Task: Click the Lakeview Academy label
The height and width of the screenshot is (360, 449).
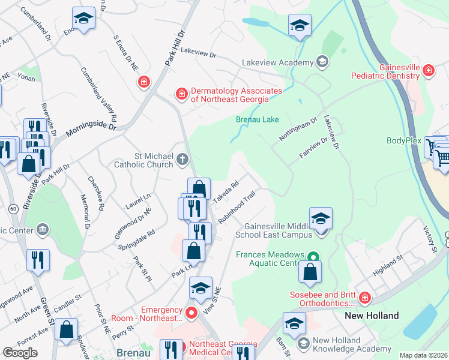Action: coord(277,62)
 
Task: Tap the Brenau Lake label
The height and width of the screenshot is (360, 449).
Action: coord(256,119)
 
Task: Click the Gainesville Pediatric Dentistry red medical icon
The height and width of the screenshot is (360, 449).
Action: coord(428,71)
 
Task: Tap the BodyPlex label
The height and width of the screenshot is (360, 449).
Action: coord(405,141)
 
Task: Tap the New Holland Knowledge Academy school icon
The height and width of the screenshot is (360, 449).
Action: coord(303,343)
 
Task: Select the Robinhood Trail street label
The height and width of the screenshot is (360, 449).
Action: coord(237,207)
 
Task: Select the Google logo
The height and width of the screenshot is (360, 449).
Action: coord(20,353)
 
